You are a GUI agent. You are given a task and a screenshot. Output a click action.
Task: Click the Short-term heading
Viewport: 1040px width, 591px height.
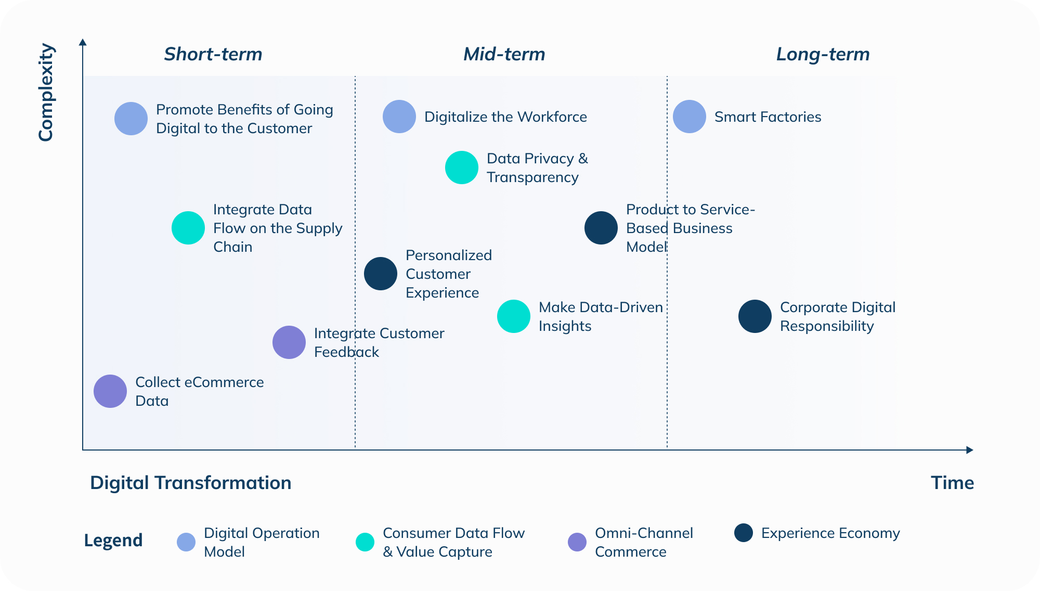(x=213, y=54)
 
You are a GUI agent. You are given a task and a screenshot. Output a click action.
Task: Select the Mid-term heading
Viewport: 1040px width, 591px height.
(x=504, y=54)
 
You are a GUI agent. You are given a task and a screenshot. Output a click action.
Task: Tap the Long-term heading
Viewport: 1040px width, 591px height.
(x=823, y=54)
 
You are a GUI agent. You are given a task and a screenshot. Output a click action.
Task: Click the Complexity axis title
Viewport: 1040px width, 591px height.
(x=46, y=92)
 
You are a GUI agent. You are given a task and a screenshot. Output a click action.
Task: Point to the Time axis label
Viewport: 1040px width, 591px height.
(x=952, y=483)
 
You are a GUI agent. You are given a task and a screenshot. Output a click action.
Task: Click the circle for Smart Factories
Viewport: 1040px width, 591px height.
(x=689, y=117)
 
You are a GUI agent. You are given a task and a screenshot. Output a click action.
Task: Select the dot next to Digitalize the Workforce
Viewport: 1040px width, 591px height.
(x=399, y=117)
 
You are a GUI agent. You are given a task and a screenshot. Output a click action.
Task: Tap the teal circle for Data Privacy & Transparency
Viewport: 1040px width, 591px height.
(x=461, y=168)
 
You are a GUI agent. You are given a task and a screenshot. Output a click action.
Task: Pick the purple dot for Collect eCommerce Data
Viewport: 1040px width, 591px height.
(x=110, y=391)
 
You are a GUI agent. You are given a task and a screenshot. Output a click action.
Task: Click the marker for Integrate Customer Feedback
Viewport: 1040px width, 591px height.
(x=289, y=342)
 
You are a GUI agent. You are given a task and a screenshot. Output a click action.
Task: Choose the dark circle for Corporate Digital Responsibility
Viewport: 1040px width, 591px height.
(x=755, y=316)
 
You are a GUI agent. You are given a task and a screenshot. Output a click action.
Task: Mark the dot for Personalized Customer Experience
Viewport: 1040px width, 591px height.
(x=380, y=274)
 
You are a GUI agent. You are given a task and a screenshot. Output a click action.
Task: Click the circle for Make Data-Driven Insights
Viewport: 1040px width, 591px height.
(x=513, y=316)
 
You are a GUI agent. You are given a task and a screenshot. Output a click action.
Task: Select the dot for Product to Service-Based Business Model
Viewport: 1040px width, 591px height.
(x=601, y=228)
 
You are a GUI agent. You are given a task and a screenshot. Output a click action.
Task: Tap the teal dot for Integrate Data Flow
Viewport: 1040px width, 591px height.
(x=188, y=228)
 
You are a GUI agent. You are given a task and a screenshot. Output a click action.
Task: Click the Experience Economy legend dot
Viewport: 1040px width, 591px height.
(x=744, y=533)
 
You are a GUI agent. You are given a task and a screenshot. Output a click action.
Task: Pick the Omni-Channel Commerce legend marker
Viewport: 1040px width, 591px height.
(x=577, y=542)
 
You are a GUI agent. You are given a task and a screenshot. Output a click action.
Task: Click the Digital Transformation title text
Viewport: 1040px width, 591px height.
(x=190, y=483)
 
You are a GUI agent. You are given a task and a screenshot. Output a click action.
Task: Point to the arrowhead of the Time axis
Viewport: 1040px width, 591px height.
(x=969, y=450)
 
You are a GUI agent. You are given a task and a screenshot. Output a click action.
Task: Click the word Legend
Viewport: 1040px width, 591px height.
(x=113, y=541)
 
